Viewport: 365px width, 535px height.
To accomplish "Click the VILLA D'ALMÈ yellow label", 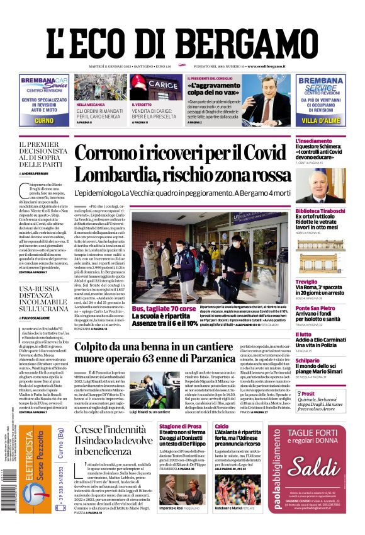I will coord(320,120).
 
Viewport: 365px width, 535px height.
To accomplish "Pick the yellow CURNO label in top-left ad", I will coord(44,120).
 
